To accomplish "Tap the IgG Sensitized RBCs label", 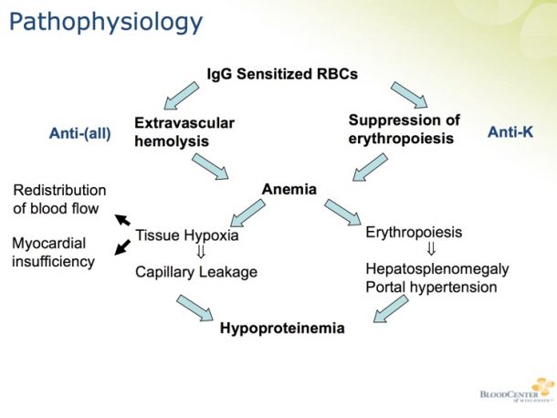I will tap(282, 73).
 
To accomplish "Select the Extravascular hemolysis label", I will tap(184, 131).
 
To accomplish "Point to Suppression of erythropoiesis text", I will tap(405, 129).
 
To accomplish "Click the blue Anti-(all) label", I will tap(80, 133).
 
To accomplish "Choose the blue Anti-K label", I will tap(510, 132).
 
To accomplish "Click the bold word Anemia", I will tap(289, 190).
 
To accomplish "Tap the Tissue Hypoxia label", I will tap(187, 235).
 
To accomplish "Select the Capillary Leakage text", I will tap(196, 271).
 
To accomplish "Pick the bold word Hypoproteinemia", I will tap(282, 328).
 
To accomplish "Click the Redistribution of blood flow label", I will tap(59, 199).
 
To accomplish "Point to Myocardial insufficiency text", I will tap(53, 252).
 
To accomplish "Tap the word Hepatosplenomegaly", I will tap(436, 269).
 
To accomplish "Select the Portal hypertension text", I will tap(431, 287).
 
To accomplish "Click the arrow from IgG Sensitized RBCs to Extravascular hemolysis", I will tap(181, 94).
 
